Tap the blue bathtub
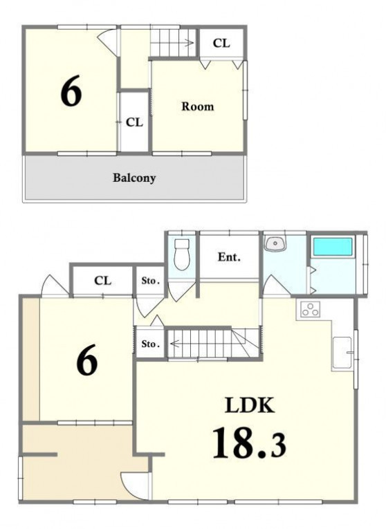pos(333,247)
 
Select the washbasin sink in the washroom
pos(275,243)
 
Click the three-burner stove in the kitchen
pos(311,309)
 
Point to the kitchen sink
pos(342,353)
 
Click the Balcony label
pos(134,178)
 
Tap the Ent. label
pos(229,257)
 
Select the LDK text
pos(250,405)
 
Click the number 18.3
pos(249,443)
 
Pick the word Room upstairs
pos(198,106)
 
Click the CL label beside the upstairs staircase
pos(221,43)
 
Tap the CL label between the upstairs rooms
pos(134,122)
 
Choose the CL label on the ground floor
pos(102,280)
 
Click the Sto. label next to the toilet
pos(150,281)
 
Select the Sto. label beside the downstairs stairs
pos(150,344)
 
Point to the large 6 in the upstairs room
pos(71,91)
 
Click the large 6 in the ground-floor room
pos(87,360)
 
